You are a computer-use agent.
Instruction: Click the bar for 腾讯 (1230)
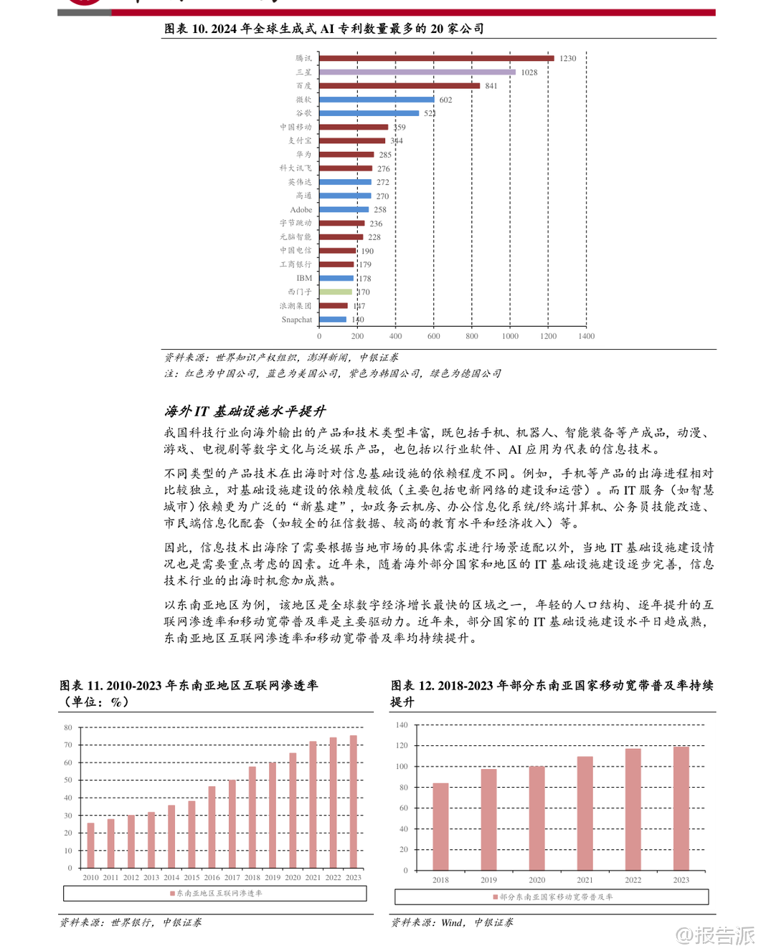pos(436,58)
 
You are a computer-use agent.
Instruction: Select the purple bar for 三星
pos(417,72)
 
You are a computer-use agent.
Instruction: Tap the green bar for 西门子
pos(336,292)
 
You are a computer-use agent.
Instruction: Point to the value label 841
pos(491,86)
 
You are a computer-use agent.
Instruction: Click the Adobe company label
pos(301,210)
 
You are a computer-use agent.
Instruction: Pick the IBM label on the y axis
pos(304,278)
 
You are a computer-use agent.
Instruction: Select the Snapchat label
pos(296,320)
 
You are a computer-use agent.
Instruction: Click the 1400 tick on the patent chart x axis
pos(586,336)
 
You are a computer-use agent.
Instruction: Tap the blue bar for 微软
pos(377,100)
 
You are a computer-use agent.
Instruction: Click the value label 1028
pos(529,72)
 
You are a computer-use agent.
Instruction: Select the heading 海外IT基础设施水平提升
pos(245,411)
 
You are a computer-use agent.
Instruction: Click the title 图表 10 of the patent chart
pos(324,29)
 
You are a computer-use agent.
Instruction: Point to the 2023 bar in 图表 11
pos(353,801)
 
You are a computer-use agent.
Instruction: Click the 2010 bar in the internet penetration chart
pos(90,845)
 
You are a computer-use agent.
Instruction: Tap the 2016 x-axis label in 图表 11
pos(212,878)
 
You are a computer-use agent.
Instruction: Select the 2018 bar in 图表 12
pos(440,826)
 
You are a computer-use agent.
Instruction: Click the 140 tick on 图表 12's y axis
pos(401,725)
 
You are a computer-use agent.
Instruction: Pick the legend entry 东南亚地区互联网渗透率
pos(216,894)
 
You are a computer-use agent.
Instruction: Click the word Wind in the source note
pos(452,923)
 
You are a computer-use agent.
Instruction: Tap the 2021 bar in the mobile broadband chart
pos(585,813)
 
